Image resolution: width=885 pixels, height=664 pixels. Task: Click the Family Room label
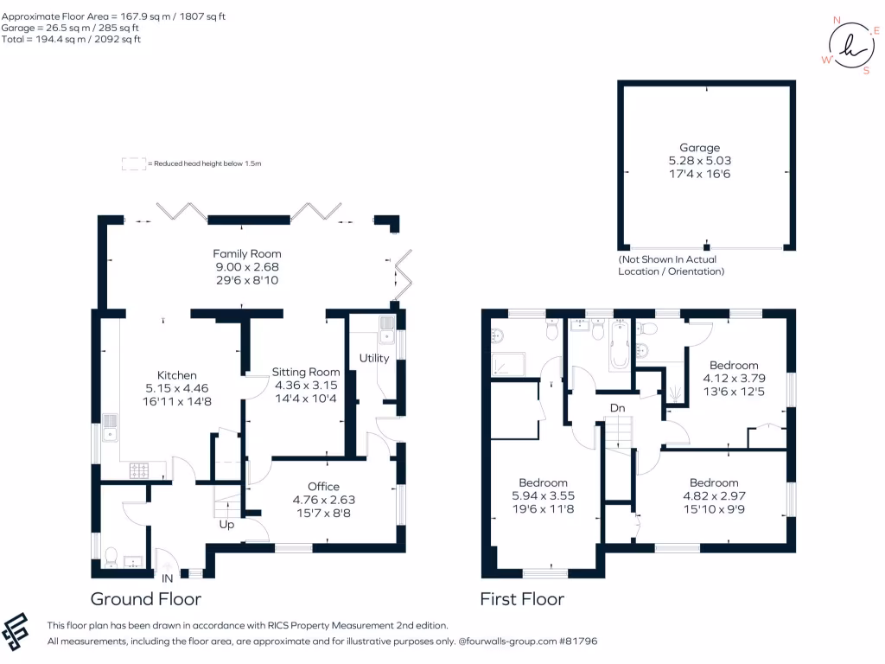tap(247, 253)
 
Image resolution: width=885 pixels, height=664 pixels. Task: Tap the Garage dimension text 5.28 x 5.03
tap(699, 161)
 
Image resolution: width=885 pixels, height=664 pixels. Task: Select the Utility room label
tap(374, 358)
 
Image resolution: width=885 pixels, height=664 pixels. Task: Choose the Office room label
tap(323, 486)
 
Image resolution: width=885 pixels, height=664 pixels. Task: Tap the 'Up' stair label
tap(226, 525)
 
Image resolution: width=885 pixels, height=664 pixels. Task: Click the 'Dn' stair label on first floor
tap(617, 407)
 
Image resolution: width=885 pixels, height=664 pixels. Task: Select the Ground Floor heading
tap(146, 599)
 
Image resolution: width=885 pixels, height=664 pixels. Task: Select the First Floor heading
tap(522, 599)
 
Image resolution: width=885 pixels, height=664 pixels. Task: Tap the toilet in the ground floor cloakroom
tap(110, 558)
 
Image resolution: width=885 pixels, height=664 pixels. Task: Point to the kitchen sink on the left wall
tap(110, 427)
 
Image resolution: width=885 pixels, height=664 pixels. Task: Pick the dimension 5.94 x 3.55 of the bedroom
tap(543, 495)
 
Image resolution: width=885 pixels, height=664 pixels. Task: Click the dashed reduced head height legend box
tap(133, 163)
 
